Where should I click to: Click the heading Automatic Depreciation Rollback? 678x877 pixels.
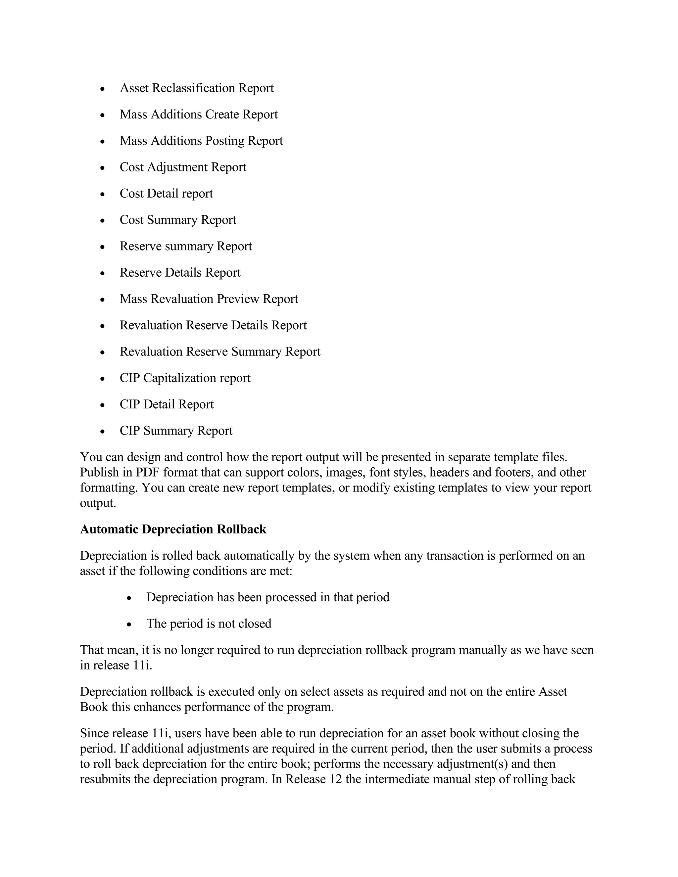[173, 529]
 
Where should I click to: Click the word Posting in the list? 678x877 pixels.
[224, 141]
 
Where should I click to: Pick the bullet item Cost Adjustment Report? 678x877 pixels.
[183, 167]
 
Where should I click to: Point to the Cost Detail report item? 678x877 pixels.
[166, 194]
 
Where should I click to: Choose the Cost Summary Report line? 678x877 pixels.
[177, 220]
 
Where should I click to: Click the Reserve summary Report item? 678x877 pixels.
[186, 246]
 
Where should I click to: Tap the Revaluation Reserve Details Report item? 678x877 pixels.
[213, 325]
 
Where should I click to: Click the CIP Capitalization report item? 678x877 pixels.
[185, 378]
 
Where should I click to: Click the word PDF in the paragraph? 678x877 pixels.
[147, 473]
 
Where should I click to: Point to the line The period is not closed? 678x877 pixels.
[209, 623]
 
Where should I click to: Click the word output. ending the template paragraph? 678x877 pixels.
[98, 503]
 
